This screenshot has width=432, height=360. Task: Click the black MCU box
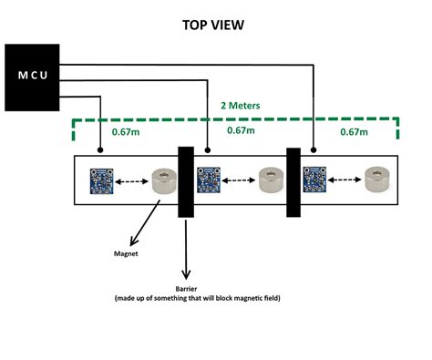[x=33, y=77]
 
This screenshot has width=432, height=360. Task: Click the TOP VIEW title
[x=216, y=25]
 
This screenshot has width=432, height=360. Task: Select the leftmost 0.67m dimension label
[x=126, y=131]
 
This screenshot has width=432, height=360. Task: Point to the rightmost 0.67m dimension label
[x=354, y=131]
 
